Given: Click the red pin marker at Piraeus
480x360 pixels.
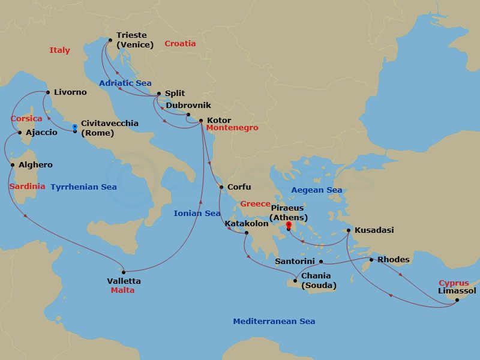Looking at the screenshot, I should click(x=289, y=226).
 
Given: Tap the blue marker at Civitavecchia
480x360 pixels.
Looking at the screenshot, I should click(x=74, y=128).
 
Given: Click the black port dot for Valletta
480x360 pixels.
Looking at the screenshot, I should click(x=124, y=272).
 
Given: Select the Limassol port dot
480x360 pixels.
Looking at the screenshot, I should click(x=457, y=299).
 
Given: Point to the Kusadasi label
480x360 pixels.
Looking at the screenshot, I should click(x=374, y=230).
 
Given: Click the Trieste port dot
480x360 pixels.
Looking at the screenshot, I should click(x=110, y=40).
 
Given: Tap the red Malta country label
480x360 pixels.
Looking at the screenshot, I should click(x=122, y=290).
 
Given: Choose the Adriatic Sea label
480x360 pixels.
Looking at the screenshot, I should click(x=125, y=83).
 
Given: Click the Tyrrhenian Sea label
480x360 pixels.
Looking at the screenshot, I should click(x=83, y=187).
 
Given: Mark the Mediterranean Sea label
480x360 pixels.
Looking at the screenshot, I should click(x=274, y=322).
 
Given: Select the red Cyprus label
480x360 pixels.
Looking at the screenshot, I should click(x=454, y=283).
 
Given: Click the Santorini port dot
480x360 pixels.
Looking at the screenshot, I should click(x=321, y=262).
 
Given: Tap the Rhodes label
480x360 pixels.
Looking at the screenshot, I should click(x=394, y=260).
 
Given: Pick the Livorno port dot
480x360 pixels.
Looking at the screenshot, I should click(x=47, y=92).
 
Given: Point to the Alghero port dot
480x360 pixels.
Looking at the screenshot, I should click(x=13, y=165).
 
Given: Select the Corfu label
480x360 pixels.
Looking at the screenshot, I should click(x=239, y=187).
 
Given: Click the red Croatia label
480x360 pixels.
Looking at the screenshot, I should click(x=180, y=44).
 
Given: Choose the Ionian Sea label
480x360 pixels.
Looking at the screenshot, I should click(x=197, y=214).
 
